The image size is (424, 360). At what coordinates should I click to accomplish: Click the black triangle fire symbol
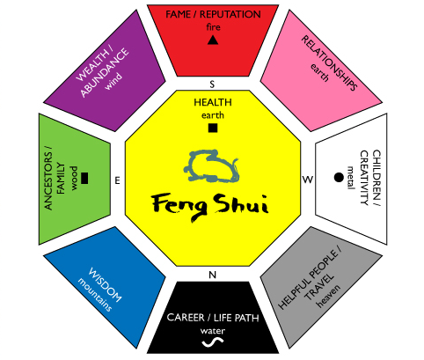(x=213, y=40)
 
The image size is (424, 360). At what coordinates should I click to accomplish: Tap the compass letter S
(x=212, y=84)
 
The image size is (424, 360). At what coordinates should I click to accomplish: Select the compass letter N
(x=212, y=275)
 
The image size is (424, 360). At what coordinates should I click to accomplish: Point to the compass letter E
(x=117, y=180)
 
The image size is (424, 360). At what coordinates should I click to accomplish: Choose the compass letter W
(x=308, y=180)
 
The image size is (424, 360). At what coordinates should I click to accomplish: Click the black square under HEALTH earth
(x=213, y=128)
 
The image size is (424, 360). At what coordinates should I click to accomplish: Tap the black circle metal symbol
(x=339, y=177)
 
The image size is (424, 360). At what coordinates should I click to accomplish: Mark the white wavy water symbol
(x=213, y=342)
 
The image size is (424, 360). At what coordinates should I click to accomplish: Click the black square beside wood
(x=84, y=178)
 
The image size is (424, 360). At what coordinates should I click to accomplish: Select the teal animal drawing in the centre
(x=211, y=165)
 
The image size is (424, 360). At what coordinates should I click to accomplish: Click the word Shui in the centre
(x=241, y=204)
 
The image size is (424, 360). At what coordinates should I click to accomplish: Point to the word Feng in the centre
(x=179, y=206)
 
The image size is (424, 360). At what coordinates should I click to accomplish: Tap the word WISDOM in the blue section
(x=105, y=284)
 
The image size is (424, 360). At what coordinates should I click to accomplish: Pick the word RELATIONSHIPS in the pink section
(x=329, y=62)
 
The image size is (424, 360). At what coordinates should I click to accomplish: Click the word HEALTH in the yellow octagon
(x=213, y=102)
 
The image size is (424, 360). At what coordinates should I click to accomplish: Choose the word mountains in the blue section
(x=95, y=294)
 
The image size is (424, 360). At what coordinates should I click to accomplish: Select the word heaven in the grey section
(x=328, y=296)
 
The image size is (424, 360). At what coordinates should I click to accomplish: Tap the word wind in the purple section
(x=113, y=81)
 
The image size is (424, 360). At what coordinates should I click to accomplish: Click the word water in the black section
(x=213, y=331)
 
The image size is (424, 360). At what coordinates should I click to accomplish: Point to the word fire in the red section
(x=213, y=27)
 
